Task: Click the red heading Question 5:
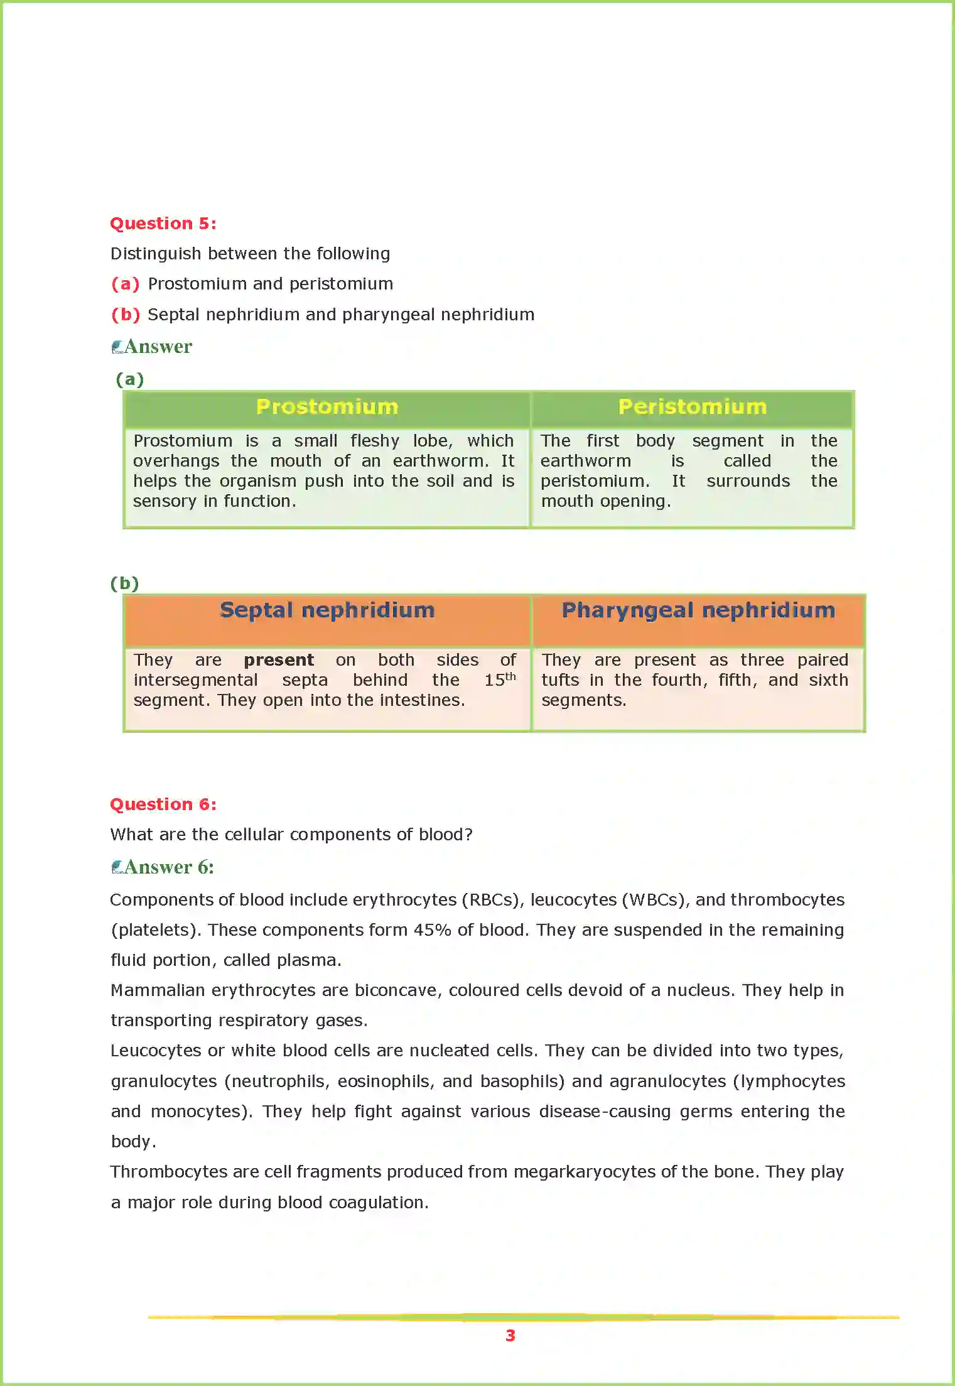(x=163, y=224)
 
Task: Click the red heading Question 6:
(x=163, y=804)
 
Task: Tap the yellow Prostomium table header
(x=326, y=407)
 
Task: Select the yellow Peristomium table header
(x=692, y=407)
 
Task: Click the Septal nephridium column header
(x=326, y=610)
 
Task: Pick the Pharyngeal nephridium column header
(x=698, y=610)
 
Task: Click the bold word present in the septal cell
(x=278, y=660)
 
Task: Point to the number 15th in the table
(x=499, y=679)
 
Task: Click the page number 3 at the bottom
(x=510, y=1336)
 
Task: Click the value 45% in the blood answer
(x=432, y=930)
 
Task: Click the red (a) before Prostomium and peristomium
(x=125, y=284)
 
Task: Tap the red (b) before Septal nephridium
(x=125, y=315)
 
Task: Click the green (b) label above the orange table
(x=124, y=583)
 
